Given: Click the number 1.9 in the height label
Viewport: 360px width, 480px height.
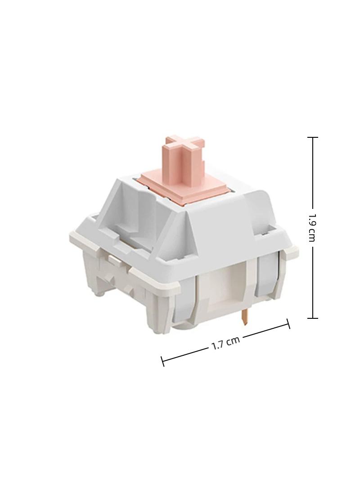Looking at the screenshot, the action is tap(312, 217).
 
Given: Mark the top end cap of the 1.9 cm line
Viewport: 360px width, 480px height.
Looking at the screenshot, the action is tap(312, 137).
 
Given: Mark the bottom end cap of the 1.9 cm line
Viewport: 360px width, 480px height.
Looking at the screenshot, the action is tap(312, 318).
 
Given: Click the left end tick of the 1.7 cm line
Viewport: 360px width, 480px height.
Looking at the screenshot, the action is tap(163, 361).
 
